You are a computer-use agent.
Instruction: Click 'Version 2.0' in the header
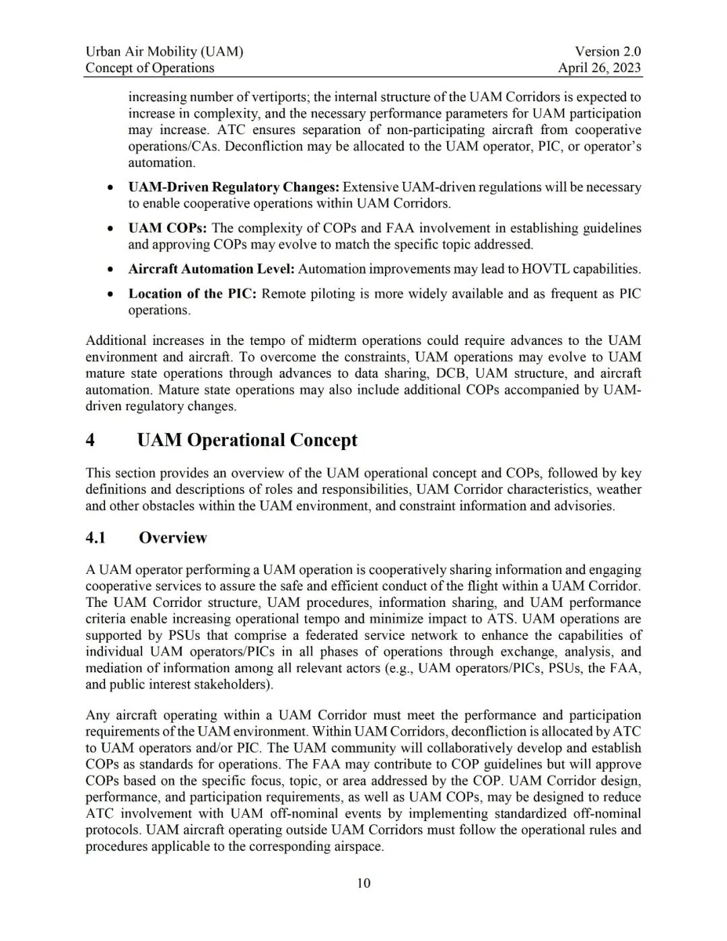coord(608,51)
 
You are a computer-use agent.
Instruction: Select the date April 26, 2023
coord(599,68)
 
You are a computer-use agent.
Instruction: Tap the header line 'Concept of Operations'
coord(149,68)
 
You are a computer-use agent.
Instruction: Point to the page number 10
coord(363,883)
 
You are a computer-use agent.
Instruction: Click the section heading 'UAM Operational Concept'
coord(247,441)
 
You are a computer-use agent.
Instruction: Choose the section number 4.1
coord(96,538)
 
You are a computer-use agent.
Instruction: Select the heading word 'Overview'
coord(173,538)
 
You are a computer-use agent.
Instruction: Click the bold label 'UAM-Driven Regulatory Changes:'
coord(234,187)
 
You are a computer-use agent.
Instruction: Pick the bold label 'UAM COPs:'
coord(168,228)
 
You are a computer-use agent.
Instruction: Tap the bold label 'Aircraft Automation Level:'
coord(211,269)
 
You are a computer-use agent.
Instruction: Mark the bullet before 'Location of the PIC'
coord(110,294)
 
